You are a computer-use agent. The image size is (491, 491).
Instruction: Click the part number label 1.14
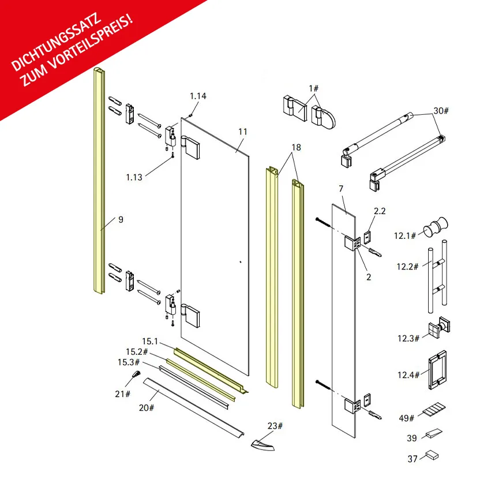pos(198,96)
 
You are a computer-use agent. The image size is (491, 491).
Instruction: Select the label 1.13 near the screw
pos(134,177)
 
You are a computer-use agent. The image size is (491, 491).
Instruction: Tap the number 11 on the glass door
pos(243,132)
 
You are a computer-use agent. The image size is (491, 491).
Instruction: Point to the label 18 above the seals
pos(296,147)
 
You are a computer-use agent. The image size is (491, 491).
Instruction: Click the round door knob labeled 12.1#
pos(436,226)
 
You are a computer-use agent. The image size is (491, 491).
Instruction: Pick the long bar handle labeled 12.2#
pos(437,276)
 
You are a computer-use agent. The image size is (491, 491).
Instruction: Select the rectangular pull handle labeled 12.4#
pos(437,370)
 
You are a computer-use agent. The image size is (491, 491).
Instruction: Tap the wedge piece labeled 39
pos(434,434)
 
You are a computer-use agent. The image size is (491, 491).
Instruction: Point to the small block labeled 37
pos(432,455)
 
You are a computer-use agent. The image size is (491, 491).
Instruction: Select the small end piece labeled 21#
pos(136,374)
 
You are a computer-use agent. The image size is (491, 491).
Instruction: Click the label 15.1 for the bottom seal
pos(150,342)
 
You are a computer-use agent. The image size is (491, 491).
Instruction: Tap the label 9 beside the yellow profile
pos(121,219)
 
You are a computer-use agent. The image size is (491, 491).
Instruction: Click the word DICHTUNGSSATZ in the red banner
pos(57,42)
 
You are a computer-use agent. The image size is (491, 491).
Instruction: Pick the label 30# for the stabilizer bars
pos(441,111)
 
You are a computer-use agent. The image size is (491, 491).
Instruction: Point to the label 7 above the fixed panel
pos(341,189)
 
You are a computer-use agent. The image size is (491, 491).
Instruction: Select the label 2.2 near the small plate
pos(380,211)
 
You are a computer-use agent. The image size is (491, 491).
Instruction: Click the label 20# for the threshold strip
pos(147,408)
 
